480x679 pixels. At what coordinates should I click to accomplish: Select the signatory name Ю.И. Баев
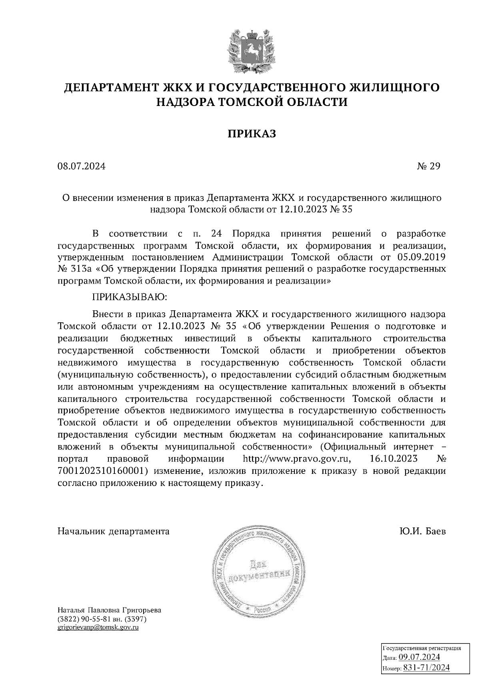[422, 531]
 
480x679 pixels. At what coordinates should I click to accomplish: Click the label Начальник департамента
[114, 531]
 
